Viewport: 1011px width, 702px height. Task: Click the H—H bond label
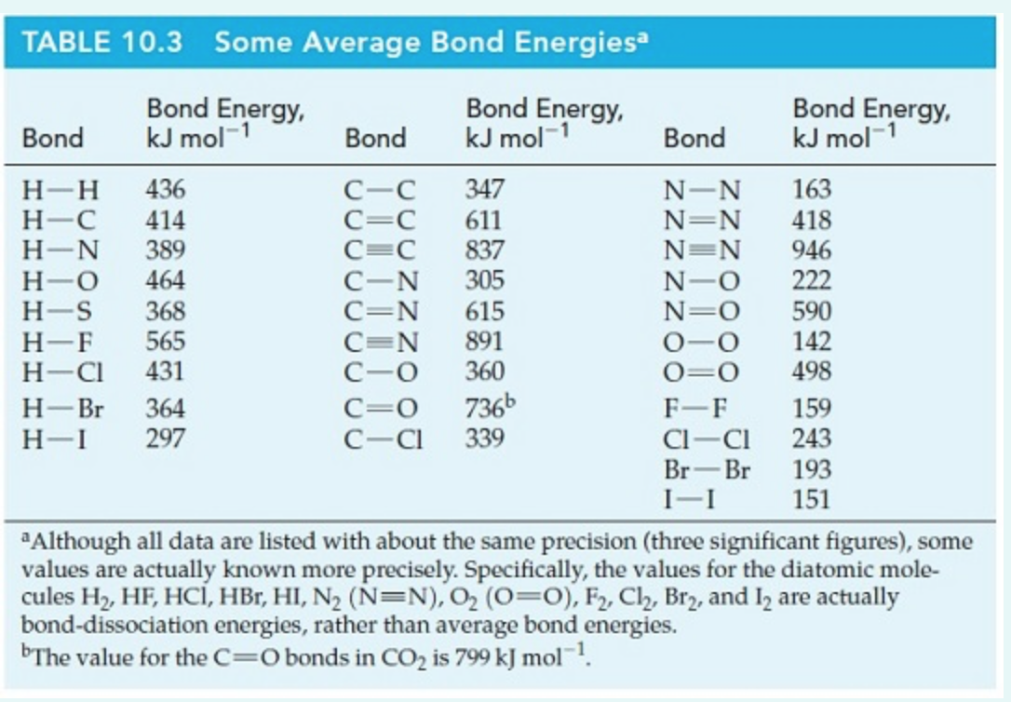(61, 191)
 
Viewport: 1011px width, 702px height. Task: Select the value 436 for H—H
(165, 191)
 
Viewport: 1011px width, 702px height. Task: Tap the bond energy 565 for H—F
(165, 342)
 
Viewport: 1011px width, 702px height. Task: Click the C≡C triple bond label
(379, 251)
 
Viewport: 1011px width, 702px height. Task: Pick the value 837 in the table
(484, 250)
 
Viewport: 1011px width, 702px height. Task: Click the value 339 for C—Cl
(484, 438)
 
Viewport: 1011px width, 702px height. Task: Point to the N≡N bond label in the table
(702, 251)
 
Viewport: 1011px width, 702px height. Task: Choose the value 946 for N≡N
(811, 250)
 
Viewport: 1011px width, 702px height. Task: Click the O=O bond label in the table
(702, 372)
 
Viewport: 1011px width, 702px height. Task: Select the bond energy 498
(811, 371)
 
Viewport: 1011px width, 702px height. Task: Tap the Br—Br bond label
(708, 470)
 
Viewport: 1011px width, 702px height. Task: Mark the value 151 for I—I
(811, 500)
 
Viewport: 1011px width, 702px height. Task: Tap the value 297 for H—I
(165, 438)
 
